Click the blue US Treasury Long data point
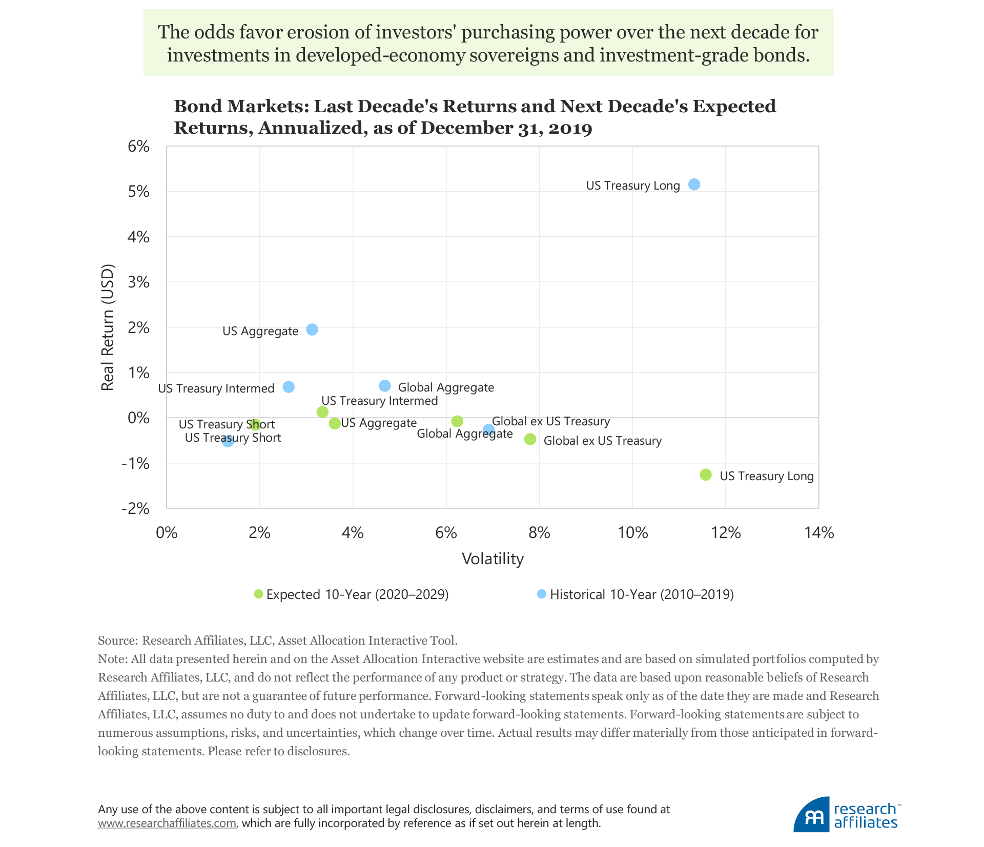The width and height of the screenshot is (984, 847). [x=694, y=184]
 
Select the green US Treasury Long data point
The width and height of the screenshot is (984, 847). [x=706, y=474]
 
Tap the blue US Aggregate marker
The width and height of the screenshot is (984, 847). [x=312, y=329]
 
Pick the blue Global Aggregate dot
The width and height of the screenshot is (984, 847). [x=385, y=386]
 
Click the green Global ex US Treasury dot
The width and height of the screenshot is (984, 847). [x=530, y=439]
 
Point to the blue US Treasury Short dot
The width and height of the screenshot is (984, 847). [x=228, y=441]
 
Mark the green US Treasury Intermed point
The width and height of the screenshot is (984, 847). [x=322, y=412]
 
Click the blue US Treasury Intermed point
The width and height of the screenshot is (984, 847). [x=289, y=387]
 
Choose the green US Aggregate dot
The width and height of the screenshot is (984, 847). [x=335, y=423]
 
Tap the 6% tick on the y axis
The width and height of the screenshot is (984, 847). [x=139, y=147]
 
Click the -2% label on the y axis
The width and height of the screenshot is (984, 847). [x=136, y=508]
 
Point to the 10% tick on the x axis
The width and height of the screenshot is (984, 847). [x=632, y=533]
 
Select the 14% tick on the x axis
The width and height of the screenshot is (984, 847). [x=819, y=533]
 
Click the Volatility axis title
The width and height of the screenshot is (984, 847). [x=493, y=559]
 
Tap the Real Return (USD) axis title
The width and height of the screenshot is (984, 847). [x=107, y=327]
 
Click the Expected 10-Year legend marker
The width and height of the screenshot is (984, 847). [x=258, y=594]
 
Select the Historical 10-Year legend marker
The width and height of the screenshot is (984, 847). [x=542, y=594]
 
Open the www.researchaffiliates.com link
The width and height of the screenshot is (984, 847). [x=167, y=823]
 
